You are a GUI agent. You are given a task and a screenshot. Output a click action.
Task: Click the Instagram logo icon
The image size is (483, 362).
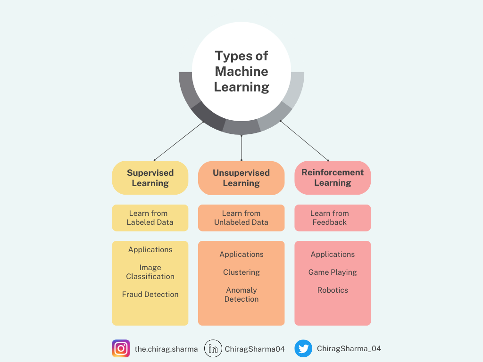click(x=121, y=348)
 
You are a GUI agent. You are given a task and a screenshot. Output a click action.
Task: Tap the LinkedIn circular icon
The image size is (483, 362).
click(x=213, y=349)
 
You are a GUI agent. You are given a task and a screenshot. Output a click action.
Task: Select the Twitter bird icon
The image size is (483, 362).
click(x=303, y=349)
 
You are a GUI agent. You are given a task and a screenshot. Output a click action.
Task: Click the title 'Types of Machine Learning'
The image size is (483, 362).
click(x=241, y=71)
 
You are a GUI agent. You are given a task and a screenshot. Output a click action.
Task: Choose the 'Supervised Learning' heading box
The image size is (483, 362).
click(x=150, y=178)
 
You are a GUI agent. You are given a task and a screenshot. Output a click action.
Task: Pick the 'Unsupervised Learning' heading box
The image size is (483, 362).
click(x=241, y=178)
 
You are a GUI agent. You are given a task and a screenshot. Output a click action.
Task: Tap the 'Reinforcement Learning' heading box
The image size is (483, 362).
click(x=333, y=178)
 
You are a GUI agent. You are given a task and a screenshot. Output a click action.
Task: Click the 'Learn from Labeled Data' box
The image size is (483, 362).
click(x=150, y=218)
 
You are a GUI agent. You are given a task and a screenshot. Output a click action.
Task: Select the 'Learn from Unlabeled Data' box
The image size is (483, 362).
click(x=241, y=218)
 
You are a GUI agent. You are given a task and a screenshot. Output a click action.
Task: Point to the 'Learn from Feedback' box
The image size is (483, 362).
click(x=333, y=218)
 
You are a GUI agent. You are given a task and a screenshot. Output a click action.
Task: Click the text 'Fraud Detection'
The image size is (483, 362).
click(x=150, y=294)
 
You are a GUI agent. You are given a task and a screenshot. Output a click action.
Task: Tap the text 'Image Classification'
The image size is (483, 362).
click(x=150, y=272)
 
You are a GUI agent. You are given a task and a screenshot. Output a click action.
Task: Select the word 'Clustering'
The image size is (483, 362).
click(x=241, y=272)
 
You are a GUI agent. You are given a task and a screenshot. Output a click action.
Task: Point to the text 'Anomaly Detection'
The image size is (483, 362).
click(x=241, y=295)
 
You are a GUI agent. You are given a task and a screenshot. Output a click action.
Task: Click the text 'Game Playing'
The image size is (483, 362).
click(x=333, y=272)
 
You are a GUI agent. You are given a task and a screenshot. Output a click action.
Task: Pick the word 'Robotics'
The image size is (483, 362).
click(x=333, y=290)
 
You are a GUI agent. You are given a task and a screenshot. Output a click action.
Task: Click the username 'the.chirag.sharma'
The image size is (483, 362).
click(x=166, y=349)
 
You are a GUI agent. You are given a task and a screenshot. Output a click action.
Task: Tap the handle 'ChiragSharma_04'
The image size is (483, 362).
click(x=349, y=349)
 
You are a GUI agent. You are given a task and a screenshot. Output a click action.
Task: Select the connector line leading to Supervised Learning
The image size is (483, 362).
click(x=179, y=140)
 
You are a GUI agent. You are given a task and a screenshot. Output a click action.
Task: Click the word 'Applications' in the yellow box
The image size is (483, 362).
click(x=150, y=249)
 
